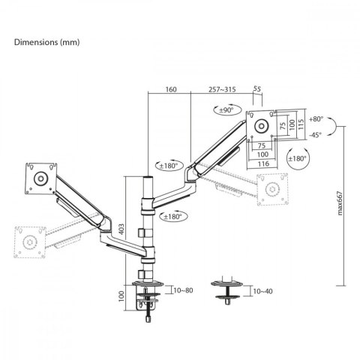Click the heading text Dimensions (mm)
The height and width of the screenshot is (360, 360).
pos(46,42)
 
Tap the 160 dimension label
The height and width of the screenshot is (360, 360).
pos(171,89)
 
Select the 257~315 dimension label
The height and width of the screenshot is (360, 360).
pos(222,89)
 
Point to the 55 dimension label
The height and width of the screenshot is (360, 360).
pos(257,88)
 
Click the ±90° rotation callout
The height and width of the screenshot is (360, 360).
pos(227,109)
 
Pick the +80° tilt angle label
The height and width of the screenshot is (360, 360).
pos(316,119)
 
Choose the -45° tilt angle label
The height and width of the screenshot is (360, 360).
pos(315,135)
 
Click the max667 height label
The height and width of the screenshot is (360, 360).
pos(340,203)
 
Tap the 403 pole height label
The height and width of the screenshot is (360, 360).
pos(121,229)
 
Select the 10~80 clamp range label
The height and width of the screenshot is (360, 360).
pos(183,290)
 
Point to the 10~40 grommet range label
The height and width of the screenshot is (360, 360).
pos(262,291)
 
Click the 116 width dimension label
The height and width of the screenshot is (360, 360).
pos(262,163)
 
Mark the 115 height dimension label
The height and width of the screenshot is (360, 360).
pos(301,124)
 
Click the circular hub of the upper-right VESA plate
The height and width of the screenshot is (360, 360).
pos(262,125)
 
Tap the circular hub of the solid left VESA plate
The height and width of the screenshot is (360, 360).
pos(40,178)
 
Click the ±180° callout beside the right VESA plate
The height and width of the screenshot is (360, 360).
pos(297,158)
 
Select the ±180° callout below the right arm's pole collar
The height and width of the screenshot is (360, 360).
pos(173,217)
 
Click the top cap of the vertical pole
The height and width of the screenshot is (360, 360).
pos(148,177)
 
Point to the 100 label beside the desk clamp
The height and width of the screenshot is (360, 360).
pos(121,296)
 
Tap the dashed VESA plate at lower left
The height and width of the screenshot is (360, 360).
pos(30,242)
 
